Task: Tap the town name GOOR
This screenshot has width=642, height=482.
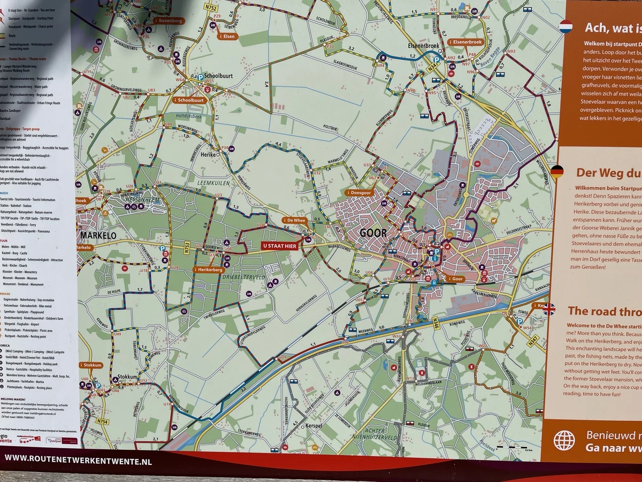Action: (373, 233)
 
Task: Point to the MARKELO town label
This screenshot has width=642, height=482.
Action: (98, 235)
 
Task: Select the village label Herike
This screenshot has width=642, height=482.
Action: (208, 154)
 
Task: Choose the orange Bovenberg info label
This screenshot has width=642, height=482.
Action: (168, 21)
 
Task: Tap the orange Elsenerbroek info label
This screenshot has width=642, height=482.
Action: (466, 42)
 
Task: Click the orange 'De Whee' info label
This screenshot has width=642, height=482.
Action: (294, 220)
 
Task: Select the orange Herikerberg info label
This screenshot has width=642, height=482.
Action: (209, 269)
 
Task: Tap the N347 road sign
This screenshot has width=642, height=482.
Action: (532, 341)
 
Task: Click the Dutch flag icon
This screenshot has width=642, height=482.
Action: (565, 26)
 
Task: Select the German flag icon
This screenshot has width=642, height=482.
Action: (557, 172)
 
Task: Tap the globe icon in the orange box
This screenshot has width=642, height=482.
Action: (564, 440)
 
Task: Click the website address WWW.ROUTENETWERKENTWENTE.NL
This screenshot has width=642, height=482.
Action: (78, 459)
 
